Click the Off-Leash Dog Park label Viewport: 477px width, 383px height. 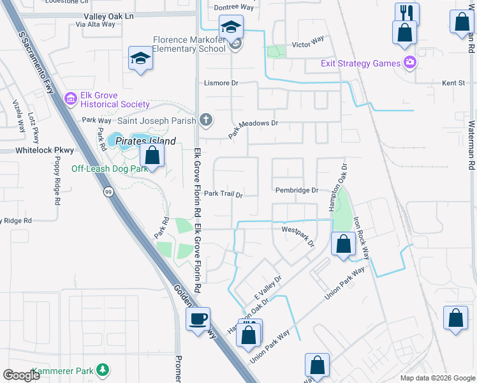click(110, 169)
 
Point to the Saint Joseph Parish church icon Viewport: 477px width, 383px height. click(205, 119)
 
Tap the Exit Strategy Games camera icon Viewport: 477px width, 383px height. click(409, 63)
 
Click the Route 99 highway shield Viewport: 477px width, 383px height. click(110, 193)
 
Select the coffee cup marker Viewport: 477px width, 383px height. click(198, 319)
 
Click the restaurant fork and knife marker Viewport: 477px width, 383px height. click(406, 13)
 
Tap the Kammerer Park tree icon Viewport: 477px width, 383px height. click(102, 370)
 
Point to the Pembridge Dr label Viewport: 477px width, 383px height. click(297, 190)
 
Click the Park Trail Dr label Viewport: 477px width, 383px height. click(224, 194)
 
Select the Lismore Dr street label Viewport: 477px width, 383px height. click(221, 83)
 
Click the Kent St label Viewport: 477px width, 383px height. click(454, 84)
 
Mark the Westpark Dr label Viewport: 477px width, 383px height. click(298, 235)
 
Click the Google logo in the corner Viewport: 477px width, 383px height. click(21, 375)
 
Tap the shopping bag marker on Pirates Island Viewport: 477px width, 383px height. click(152, 155)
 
